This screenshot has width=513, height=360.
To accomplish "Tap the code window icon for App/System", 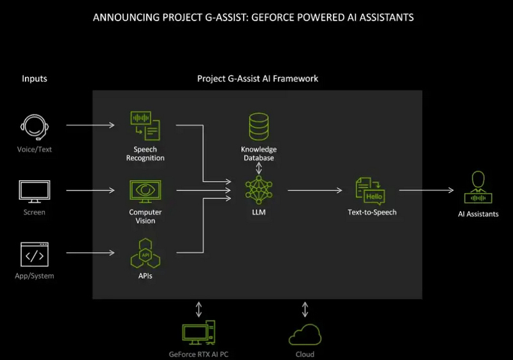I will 35,255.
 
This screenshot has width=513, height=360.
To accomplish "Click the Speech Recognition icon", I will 145,126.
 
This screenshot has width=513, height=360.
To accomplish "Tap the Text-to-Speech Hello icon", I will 371,191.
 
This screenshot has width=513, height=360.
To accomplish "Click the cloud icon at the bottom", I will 305,335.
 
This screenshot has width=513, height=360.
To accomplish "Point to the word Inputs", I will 35,79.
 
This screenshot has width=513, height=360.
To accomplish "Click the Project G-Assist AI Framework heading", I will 257,79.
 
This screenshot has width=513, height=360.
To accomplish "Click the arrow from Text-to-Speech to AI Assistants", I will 426,191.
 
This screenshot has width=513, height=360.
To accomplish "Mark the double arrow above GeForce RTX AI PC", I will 199,310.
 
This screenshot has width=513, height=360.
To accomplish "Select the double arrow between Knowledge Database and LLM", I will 258,168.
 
